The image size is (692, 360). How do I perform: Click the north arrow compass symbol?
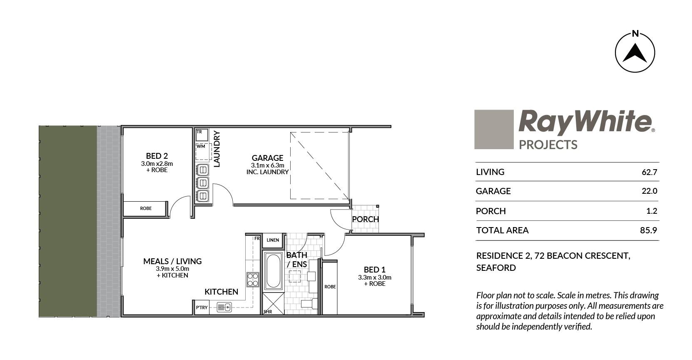coord(635,52)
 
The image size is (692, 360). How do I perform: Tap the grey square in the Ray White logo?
coord(494,129)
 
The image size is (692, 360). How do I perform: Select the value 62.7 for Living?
coord(650,172)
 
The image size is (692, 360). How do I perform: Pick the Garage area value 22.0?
coord(650,191)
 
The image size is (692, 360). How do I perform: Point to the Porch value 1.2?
coord(652,211)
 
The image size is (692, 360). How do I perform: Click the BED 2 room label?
coord(157,156)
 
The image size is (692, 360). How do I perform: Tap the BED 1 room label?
coord(374,270)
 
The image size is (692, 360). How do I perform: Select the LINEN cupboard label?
coord(273,240)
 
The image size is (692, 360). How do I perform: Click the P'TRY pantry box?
coord(202,307)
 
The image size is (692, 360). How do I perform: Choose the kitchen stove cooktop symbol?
coord(253,280)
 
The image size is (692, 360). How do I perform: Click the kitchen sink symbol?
coord(224,307)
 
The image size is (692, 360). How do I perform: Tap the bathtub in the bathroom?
coord(273,271)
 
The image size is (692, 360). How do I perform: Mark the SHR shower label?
coord(268,312)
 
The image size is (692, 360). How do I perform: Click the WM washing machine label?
coord(201,146)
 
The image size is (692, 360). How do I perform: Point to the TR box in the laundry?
coord(202,135)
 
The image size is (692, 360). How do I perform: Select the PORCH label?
coord(366,219)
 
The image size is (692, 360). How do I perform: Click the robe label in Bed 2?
coord(146,208)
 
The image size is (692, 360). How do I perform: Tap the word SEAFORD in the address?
coord(496,268)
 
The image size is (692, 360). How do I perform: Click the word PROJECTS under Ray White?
coord(548,145)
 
